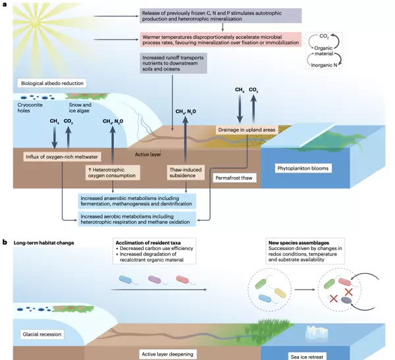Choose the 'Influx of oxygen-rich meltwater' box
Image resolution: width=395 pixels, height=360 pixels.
55,157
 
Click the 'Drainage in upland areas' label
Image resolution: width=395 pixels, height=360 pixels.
245,130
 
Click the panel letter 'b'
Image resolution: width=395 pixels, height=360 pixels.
5,242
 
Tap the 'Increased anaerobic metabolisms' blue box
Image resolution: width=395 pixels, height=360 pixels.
138,200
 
